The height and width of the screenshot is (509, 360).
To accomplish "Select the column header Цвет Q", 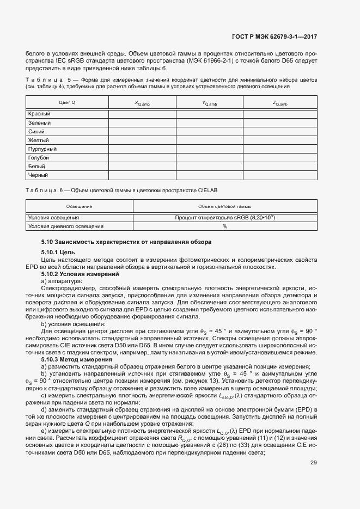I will (67, 103).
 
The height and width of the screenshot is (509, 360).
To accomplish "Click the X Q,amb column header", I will (142, 103).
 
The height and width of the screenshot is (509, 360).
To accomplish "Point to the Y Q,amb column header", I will (209, 103).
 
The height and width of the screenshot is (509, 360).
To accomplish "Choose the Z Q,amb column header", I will (280, 103).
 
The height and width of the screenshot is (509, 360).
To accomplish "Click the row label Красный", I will (39, 114).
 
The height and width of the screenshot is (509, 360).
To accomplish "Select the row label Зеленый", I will (39, 122).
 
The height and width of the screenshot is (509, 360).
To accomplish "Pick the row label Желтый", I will (38, 140).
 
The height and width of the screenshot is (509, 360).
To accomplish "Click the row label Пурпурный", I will (42, 149).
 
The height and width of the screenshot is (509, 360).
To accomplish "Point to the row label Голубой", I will (39, 158).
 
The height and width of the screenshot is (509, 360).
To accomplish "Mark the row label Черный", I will (38, 175).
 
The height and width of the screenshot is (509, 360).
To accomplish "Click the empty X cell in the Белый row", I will (142, 167).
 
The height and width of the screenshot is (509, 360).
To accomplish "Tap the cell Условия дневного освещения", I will (65, 226).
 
